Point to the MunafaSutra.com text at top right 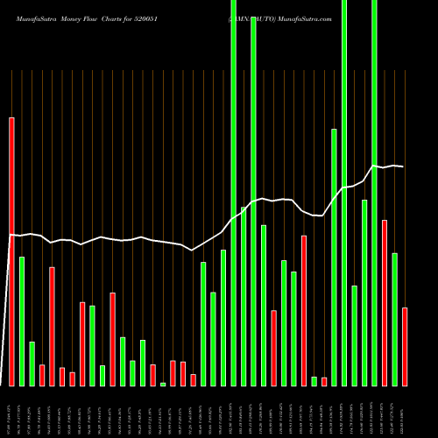298,18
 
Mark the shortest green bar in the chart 163,384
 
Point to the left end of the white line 10,235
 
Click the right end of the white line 403,166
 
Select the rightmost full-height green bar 374,193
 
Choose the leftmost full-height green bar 234,193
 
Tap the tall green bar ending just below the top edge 254,201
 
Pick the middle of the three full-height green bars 344,193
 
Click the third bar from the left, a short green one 32,364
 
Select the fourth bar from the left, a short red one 42,375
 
